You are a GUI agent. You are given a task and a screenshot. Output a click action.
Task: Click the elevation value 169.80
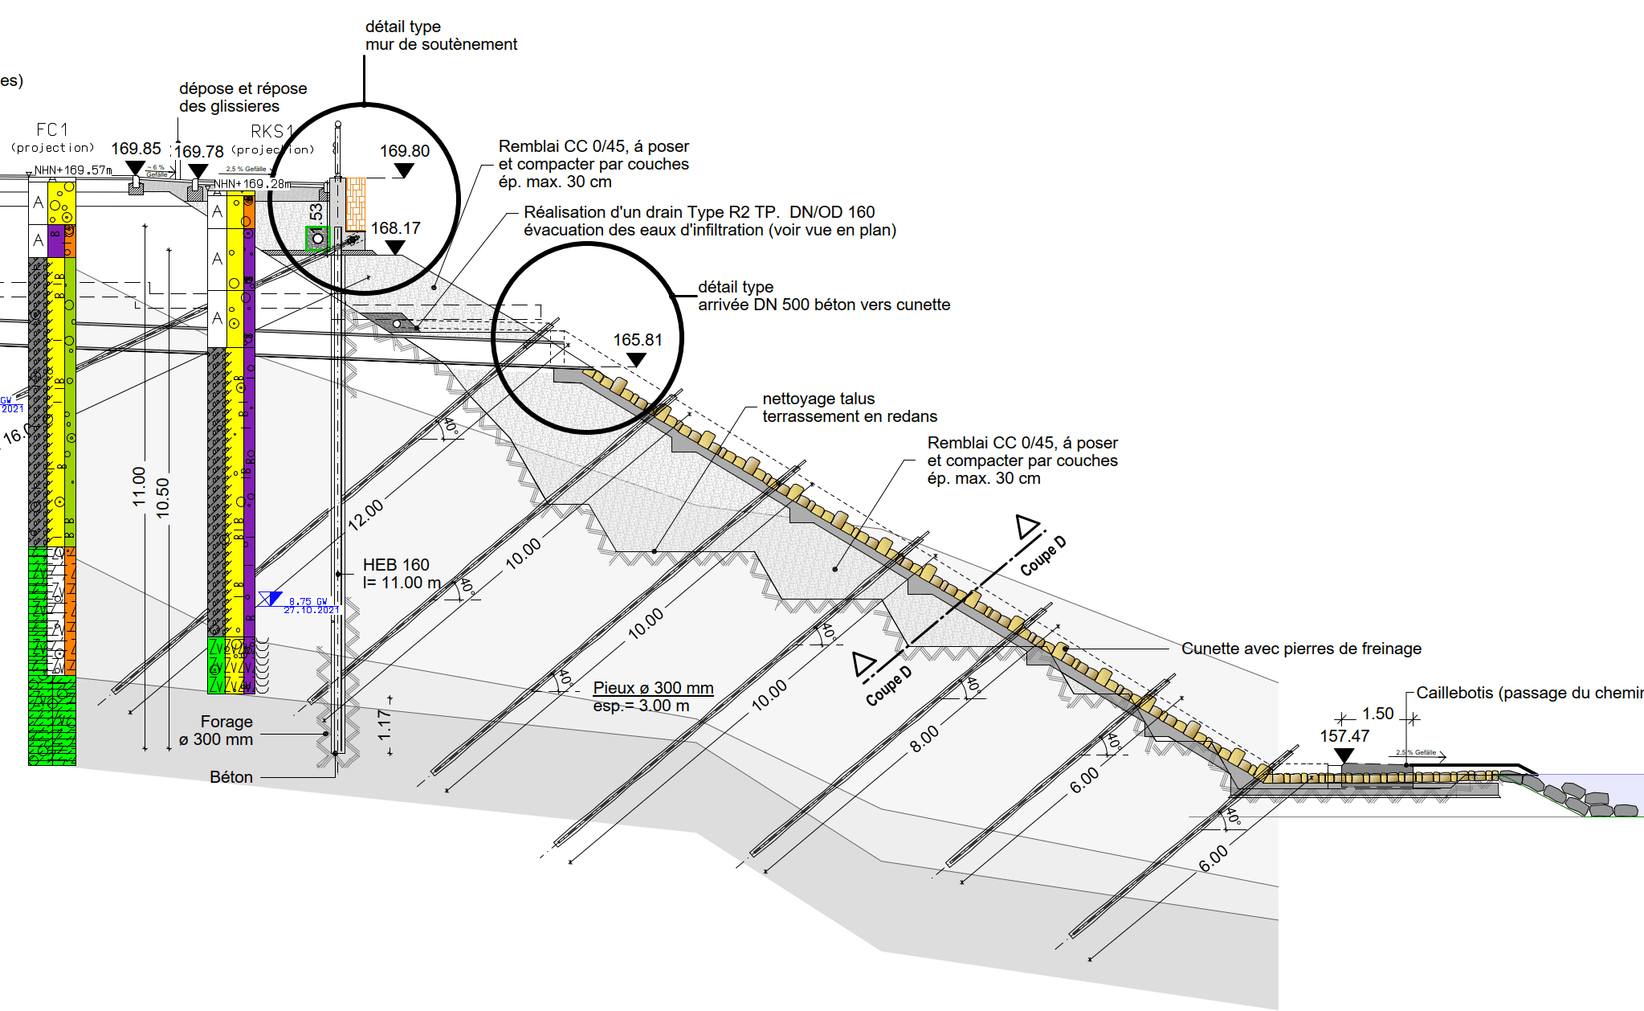404,151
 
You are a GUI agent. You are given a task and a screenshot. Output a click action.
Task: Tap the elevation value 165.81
638,340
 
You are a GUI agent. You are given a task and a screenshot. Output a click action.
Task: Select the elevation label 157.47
1344,736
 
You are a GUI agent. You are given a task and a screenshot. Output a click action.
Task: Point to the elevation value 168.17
395,228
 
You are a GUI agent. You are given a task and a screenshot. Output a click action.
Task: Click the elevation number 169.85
136,149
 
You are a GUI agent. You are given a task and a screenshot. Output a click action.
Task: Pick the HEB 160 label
396,565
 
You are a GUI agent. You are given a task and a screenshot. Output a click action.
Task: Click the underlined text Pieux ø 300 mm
653,688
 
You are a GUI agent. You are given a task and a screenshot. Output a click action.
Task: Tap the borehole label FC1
52,129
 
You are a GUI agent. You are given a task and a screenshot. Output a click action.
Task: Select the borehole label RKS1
271,131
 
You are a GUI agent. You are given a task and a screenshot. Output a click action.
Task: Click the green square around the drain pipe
317,239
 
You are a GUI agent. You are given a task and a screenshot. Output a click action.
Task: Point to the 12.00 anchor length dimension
365,514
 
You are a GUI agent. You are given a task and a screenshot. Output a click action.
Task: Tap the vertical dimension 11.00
139,486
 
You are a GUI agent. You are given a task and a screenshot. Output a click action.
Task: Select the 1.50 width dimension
1377,714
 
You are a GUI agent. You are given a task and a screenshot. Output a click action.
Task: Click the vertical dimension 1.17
385,725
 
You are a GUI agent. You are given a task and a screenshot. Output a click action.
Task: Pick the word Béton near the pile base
231,777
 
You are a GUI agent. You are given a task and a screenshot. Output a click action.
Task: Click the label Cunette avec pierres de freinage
1301,649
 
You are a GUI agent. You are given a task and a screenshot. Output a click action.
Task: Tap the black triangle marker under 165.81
636,360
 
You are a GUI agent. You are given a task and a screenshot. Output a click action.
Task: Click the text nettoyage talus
818,399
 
